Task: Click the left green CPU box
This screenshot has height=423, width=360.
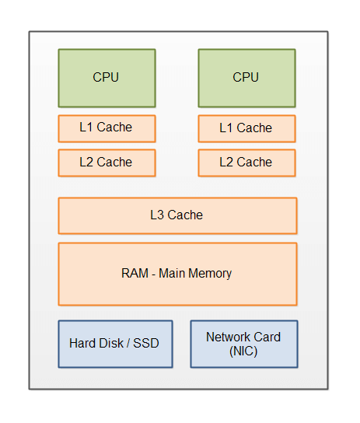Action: (x=107, y=78)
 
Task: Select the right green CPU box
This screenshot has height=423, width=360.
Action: (x=246, y=78)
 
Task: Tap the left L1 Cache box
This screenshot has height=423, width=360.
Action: (x=107, y=128)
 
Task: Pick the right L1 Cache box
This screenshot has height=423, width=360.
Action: (x=246, y=128)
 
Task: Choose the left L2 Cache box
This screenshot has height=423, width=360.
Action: (x=107, y=163)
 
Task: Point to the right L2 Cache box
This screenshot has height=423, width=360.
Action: (x=246, y=163)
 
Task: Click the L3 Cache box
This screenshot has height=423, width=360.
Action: (x=177, y=215)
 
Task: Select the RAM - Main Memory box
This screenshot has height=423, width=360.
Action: (x=177, y=274)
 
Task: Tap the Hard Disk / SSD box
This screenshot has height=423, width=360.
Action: (x=115, y=343)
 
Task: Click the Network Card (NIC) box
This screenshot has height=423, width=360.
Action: (x=243, y=344)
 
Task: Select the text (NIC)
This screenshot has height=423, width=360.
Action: (x=243, y=351)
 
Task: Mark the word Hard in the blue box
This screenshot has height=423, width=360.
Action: (x=82, y=343)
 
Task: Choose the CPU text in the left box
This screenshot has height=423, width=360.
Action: (x=106, y=77)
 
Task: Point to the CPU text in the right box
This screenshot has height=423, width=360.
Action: (x=246, y=77)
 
